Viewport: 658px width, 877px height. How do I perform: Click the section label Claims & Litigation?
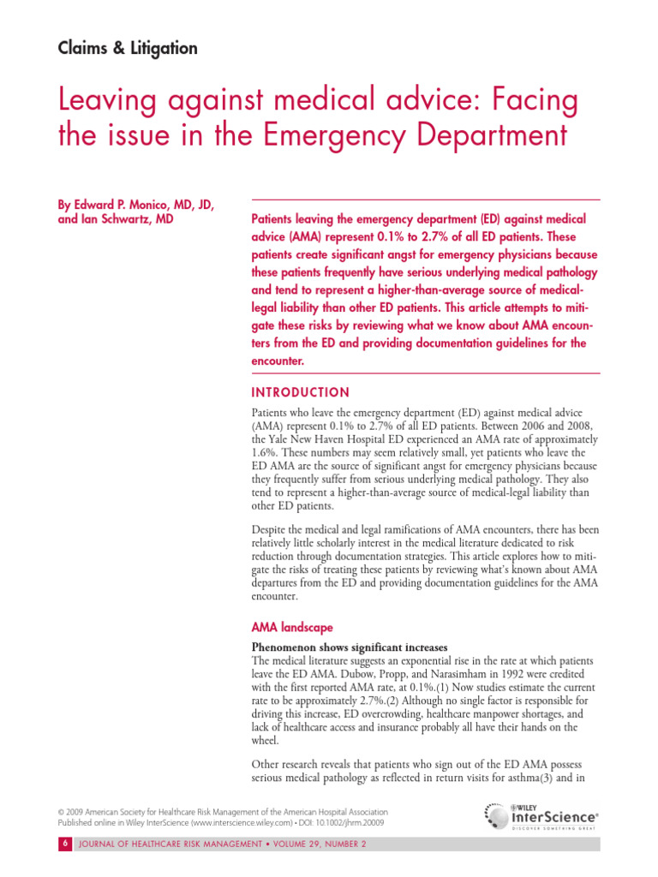(128, 49)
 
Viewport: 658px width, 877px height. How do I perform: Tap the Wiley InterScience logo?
(541, 814)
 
